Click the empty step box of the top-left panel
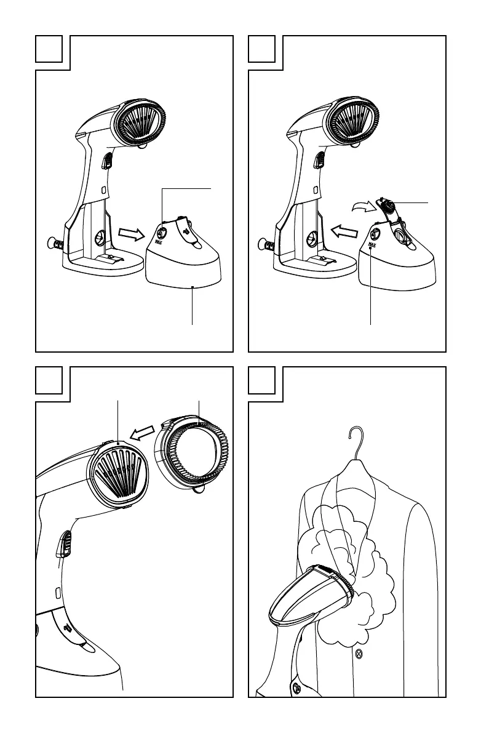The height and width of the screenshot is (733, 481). pos(49,49)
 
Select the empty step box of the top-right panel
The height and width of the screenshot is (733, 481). pos(262,49)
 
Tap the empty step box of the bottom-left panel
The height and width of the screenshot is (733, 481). pos(49,381)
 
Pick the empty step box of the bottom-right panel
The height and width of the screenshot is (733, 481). pos(262,381)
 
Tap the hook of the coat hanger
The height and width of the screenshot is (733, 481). pos(355,439)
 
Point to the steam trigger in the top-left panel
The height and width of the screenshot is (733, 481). pos(106,161)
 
